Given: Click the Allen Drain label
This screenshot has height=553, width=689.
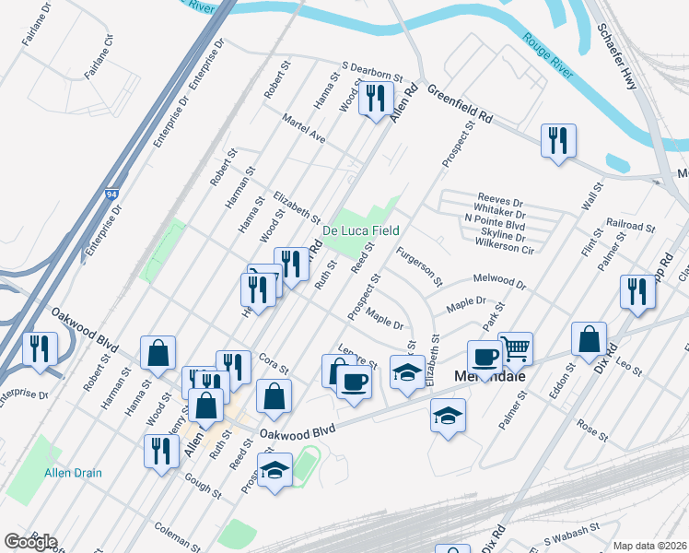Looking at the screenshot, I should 73,473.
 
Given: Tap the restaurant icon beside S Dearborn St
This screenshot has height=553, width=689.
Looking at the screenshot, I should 375,99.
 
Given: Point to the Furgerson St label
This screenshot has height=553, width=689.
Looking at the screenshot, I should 418,265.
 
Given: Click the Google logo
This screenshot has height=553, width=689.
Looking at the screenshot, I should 29,542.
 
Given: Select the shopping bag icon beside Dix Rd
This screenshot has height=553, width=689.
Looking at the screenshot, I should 589,339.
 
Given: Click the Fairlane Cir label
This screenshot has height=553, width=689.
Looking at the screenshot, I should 97,55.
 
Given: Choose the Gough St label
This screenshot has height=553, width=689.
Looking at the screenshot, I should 203,488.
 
